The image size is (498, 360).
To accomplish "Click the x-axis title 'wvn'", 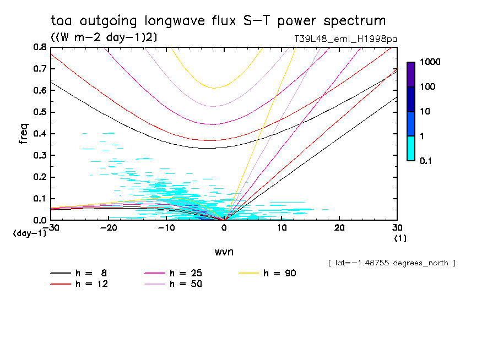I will [x=224, y=252].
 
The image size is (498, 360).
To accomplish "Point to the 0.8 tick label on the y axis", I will [x=39, y=47].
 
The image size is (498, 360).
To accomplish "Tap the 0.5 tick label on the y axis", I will [x=39, y=112].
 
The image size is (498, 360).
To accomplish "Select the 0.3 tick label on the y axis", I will [x=39, y=155].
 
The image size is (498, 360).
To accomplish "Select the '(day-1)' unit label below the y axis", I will [x=29, y=233].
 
